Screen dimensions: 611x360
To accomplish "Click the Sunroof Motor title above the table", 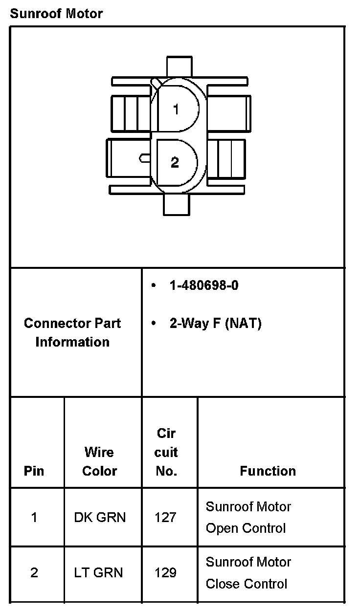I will click(x=56, y=13).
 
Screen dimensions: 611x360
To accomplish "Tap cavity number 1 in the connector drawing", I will click(x=176, y=109).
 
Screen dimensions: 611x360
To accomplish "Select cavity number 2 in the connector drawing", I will click(x=175, y=162).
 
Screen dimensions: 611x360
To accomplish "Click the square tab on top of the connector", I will click(x=180, y=67).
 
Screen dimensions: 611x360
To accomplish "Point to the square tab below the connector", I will click(x=176, y=205).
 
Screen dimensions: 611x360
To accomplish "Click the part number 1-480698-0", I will click(x=204, y=285).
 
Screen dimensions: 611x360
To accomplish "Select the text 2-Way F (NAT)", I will click(x=215, y=324).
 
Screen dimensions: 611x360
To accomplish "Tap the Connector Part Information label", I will click(x=72, y=332).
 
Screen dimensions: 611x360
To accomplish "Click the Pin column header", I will click(x=34, y=471).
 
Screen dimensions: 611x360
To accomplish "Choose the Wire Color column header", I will click(x=100, y=461).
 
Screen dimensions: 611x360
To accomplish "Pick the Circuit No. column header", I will click(x=166, y=452).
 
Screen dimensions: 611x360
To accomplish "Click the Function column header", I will click(x=268, y=471).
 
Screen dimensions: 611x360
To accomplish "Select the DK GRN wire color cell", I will click(x=100, y=517).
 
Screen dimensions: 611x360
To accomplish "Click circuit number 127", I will click(x=165, y=517).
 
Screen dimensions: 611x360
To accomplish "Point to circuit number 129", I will click(x=165, y=572).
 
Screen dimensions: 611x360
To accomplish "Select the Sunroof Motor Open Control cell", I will click(x=248, y=517).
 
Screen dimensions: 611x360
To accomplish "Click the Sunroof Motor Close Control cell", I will click(x=248, y=572).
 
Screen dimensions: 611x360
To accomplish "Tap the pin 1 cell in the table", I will click(x=34, y=517).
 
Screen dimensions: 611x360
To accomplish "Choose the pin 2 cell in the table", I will click(x=34, y=572).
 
